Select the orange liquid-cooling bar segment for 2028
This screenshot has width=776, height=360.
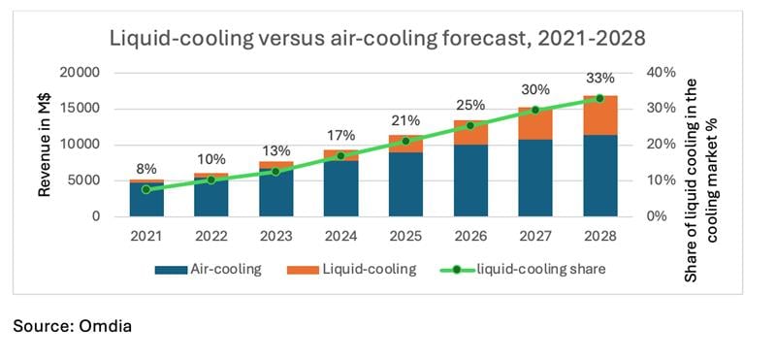(598, 115)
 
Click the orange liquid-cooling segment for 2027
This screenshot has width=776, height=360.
(535, 124)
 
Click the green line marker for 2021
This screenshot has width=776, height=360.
(146, 189)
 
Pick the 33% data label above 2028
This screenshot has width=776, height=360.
(598, 78)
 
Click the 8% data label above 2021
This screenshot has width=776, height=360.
(146, 168)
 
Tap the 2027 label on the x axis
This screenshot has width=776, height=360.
(535, 235)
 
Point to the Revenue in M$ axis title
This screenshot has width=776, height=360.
(45, 144)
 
